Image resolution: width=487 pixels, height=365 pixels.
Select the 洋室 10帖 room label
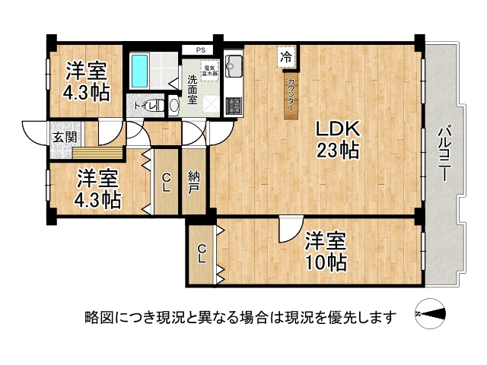tap(326, 252)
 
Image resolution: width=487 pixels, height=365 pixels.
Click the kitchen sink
tap(234, 62)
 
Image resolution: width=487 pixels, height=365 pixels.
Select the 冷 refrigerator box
tap(286, 56)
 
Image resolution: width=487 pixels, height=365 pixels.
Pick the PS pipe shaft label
tap(200, 51)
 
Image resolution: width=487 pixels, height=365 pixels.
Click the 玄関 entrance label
tap(63, 138)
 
